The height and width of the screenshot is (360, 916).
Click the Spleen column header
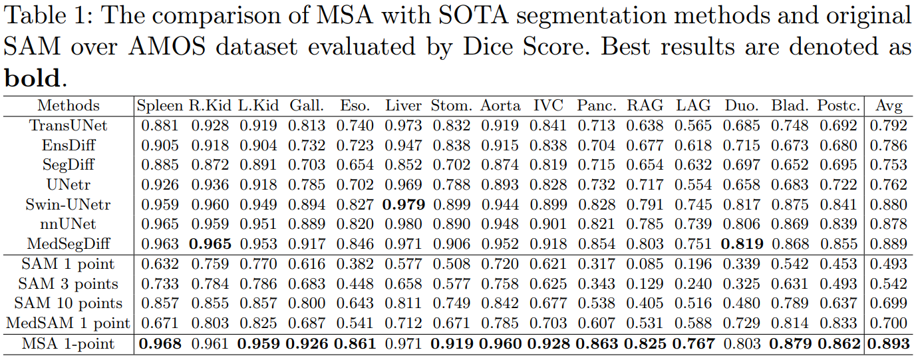tap(159, 105)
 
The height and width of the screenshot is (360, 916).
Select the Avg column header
tap(889, 105)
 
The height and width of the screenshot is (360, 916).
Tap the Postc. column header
tap(839, 105)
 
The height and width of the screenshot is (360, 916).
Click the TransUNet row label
tap(68, 125)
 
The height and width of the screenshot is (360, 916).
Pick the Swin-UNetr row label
tap(68, 204)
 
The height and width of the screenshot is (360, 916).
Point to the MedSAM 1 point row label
tap(68, 323)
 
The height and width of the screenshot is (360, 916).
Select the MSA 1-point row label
tap(68, 344)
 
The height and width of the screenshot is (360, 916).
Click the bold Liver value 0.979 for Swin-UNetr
tap(404, 204)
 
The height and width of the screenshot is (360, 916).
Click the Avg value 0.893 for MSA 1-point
tap(889, 344)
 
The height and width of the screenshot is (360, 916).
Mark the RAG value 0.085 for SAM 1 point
tap(645, 264)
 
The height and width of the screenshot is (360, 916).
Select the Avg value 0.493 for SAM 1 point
tap(889, 264)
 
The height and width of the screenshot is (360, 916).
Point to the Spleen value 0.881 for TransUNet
tap(159, 125)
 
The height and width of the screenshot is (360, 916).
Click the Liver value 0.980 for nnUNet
tap(404, 224)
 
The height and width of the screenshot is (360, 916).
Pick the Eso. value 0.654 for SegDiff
tap(355, 165)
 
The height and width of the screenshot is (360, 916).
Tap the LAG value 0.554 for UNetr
tap(693, 184)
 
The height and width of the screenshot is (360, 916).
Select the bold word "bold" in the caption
tap(32, 79)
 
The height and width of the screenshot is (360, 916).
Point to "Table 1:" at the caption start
tap(47, 16)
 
